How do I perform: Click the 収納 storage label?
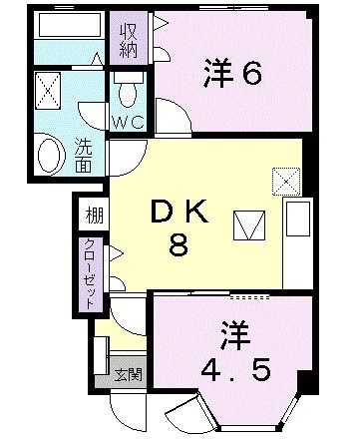click(x=130, y=42)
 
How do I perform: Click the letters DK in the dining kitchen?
click(x=180, y=213)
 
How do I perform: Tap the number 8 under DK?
click(x=179, y=246)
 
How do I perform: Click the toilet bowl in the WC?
click(x=127, y=93)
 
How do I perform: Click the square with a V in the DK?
click(x=246, y=224)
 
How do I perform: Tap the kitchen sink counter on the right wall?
click(x=297, y=240)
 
